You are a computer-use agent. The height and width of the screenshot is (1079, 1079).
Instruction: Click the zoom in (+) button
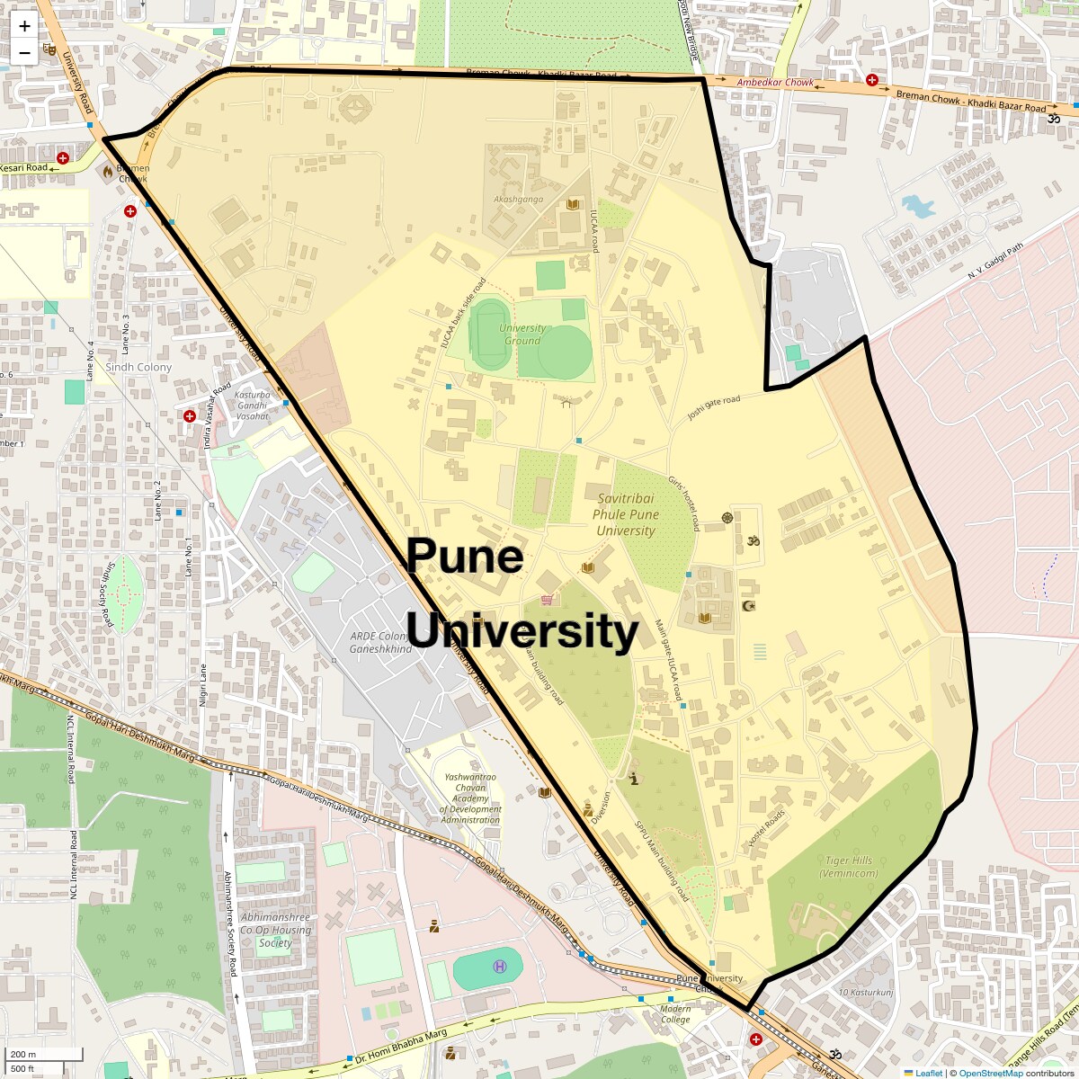pos(24,26)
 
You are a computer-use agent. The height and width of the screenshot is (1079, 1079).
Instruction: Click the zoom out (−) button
pos(24,52)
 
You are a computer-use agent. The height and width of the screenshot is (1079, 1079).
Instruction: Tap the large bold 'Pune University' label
pos(522,593)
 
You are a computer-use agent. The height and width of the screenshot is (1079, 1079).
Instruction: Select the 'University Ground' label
pos(522,334)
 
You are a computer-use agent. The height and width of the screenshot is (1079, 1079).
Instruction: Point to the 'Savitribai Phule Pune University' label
pos(626,514)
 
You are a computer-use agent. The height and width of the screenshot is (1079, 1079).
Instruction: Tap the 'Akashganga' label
pos(518,199)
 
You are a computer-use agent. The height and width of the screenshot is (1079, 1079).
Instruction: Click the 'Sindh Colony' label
pos(138,367)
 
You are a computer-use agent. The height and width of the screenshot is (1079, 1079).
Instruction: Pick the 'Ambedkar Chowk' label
pos(775,83)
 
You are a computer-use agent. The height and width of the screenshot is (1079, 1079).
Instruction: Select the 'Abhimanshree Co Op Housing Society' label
pos(275,930)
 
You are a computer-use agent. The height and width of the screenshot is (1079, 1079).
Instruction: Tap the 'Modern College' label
pos(675,1014)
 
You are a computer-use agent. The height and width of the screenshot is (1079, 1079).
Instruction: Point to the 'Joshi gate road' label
pos(713,407)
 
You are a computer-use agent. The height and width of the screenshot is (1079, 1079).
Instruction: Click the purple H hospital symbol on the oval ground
pos(500,967)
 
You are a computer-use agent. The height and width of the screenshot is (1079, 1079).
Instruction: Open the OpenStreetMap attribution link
pos(990,1073)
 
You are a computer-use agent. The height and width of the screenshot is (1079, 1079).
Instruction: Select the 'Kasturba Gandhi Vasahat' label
pos(252,406)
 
